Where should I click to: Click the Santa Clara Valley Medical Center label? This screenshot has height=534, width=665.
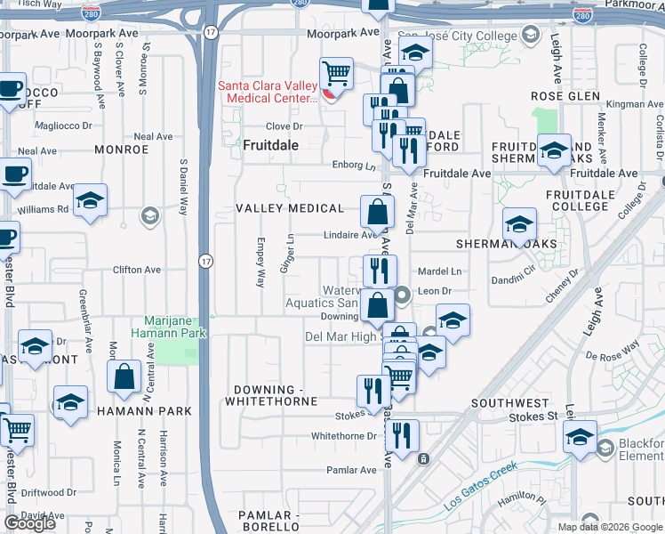point(268,92)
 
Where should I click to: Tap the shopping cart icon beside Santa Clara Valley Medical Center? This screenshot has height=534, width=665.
point(337,73)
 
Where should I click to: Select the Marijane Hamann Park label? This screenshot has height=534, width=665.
point(176,327)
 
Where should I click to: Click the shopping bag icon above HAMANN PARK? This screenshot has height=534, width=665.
point(124,376)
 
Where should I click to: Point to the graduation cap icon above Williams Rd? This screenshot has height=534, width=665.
point(90,201)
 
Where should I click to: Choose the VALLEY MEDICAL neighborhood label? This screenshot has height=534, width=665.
point(289,208)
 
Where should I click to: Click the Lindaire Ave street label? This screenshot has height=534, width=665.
point(350,236)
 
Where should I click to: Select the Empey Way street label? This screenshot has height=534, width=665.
point(261,262)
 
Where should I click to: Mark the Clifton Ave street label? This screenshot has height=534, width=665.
point(136,270)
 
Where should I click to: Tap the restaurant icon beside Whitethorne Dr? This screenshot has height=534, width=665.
point(405,436)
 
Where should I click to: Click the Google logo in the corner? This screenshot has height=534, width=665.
point(29,523)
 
